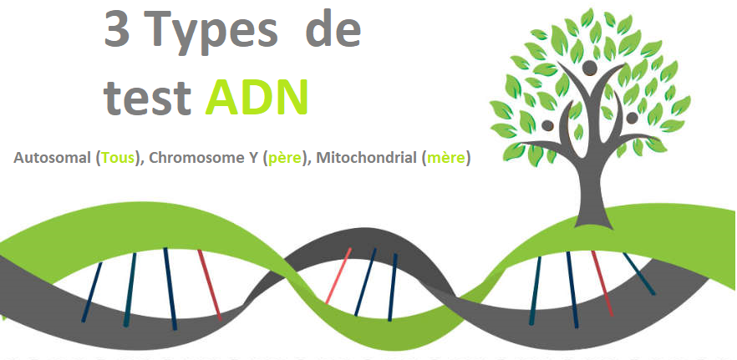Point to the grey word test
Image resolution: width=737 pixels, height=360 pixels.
coord(147,98)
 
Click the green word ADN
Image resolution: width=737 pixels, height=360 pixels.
coord(257,96)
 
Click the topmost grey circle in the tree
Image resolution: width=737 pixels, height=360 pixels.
coord(589,68)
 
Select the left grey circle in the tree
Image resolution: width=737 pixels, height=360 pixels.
coord(547,125)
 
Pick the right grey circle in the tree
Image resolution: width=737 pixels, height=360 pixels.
coord(633,118)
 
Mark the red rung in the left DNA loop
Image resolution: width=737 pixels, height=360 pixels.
coord(209,285)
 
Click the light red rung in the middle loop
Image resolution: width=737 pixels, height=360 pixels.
coord(338,276)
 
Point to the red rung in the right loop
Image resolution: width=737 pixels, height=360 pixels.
coord(602,283)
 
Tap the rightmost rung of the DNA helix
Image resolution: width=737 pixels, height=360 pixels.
coord(639,274)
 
